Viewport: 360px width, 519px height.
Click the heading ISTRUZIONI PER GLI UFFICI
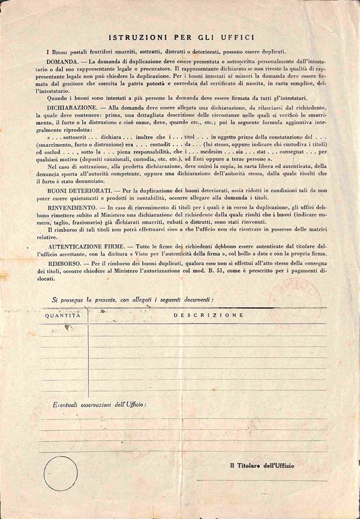click(x=180, y=37)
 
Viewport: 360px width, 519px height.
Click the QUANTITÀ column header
click(x=62, y=314)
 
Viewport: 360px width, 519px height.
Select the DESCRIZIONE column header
click(x=208, y=314)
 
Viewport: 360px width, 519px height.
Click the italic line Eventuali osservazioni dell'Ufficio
click(x=99, y=405)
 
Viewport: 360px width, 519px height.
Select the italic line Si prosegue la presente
click(x=133, y=298)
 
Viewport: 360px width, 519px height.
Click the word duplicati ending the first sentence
click(x=289, y=52)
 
